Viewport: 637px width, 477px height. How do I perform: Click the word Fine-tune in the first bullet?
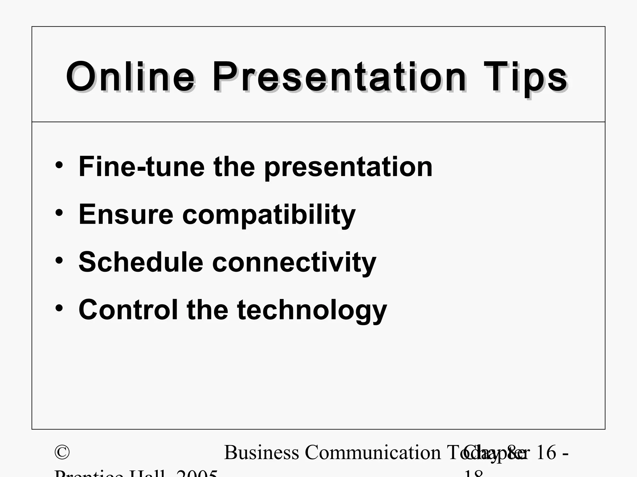(142, 167)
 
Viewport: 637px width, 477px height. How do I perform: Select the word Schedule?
(141, 262)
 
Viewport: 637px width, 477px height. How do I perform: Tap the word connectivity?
(294, 263)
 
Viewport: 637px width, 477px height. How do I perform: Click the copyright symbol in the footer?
(62, 452)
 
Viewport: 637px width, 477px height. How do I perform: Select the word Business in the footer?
(262, 452)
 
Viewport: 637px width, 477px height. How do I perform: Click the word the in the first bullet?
(234, 167)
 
